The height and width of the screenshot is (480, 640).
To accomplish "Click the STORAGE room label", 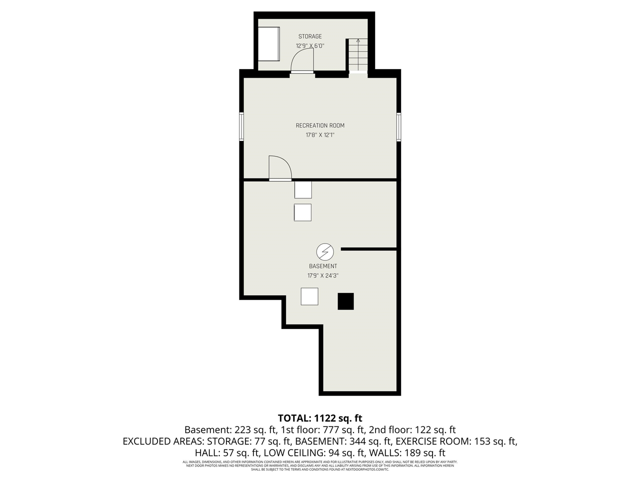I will point(310,36).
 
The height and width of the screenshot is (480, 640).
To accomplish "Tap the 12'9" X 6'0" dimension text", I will point(310,45).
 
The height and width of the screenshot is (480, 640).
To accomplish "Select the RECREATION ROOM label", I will point(320,125).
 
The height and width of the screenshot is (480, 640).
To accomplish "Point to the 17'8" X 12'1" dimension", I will point(320,135).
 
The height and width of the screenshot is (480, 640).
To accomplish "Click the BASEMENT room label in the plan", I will point(323,266).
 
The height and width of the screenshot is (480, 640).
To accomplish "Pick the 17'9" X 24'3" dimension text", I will point(323,275).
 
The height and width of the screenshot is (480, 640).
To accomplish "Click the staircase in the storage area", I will point(358,55).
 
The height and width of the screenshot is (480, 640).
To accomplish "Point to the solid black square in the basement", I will point(346,301).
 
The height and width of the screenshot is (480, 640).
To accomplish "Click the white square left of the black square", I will point(309,296).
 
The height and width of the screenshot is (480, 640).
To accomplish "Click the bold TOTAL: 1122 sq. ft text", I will point(320,418).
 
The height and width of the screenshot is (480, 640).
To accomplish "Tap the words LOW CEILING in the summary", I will point(287,453).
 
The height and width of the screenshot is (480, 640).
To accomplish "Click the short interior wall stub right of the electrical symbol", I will point(369,248).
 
